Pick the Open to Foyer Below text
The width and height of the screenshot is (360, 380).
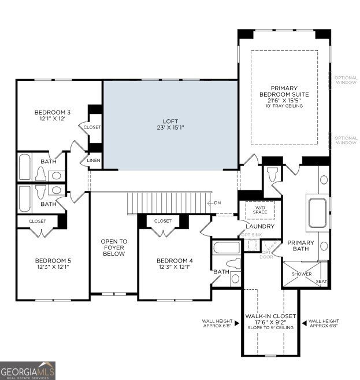click(114, 248)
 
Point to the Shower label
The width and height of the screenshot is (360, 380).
click(302, 274)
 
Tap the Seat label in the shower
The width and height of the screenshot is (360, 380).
click(321, 282)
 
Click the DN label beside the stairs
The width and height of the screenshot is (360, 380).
click(217, 202)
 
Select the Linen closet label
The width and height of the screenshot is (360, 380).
click(94, 160)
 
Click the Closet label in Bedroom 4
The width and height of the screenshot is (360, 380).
click(163, 221)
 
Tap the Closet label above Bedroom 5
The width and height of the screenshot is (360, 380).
click(38, 221)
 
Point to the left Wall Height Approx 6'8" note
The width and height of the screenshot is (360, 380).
click(217, 323)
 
